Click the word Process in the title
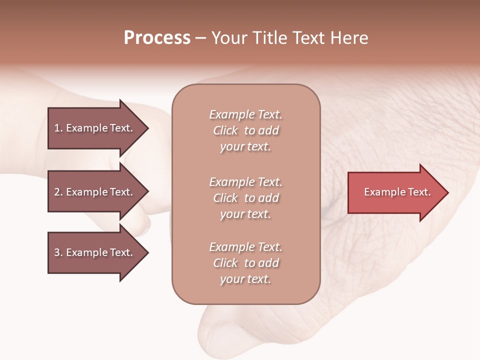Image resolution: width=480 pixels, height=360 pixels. point(157,38)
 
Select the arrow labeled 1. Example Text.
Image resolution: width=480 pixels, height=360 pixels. point(95,128)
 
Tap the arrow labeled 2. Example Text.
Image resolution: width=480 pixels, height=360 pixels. point(95,192)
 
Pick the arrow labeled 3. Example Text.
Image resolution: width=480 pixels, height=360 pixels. point(95,252)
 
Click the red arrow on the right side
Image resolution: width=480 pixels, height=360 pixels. point(395,192)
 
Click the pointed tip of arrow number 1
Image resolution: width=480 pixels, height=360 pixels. point(147,128)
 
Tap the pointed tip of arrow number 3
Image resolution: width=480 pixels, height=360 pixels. point(147,252)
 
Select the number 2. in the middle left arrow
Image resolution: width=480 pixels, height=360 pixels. point(58,192)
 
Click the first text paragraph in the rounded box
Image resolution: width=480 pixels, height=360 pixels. point(245,130)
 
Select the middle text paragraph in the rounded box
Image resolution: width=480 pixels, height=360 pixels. point(245,198)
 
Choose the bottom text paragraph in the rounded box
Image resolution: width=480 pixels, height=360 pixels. point(245,263)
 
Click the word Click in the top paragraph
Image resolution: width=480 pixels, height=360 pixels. point(225,130)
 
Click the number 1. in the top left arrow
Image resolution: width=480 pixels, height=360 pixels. point(58,128)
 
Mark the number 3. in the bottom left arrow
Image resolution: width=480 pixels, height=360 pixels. point(58,252)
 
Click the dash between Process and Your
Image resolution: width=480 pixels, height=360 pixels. point(200,38)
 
